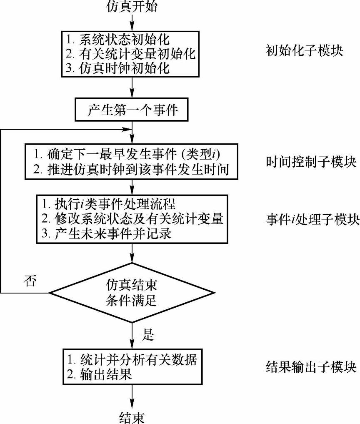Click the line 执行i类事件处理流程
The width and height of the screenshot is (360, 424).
pyautogui.click(x=108, y=204)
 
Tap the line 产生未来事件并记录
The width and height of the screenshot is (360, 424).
pyautogui.click(x=112, y=233)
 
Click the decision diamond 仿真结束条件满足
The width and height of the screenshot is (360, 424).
pyautogui.click(x=132, y=293)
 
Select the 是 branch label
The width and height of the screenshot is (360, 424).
pyautogui.click(x=148, y=334)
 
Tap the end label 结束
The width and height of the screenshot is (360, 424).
pyautogui.click(x=132, y=416)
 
